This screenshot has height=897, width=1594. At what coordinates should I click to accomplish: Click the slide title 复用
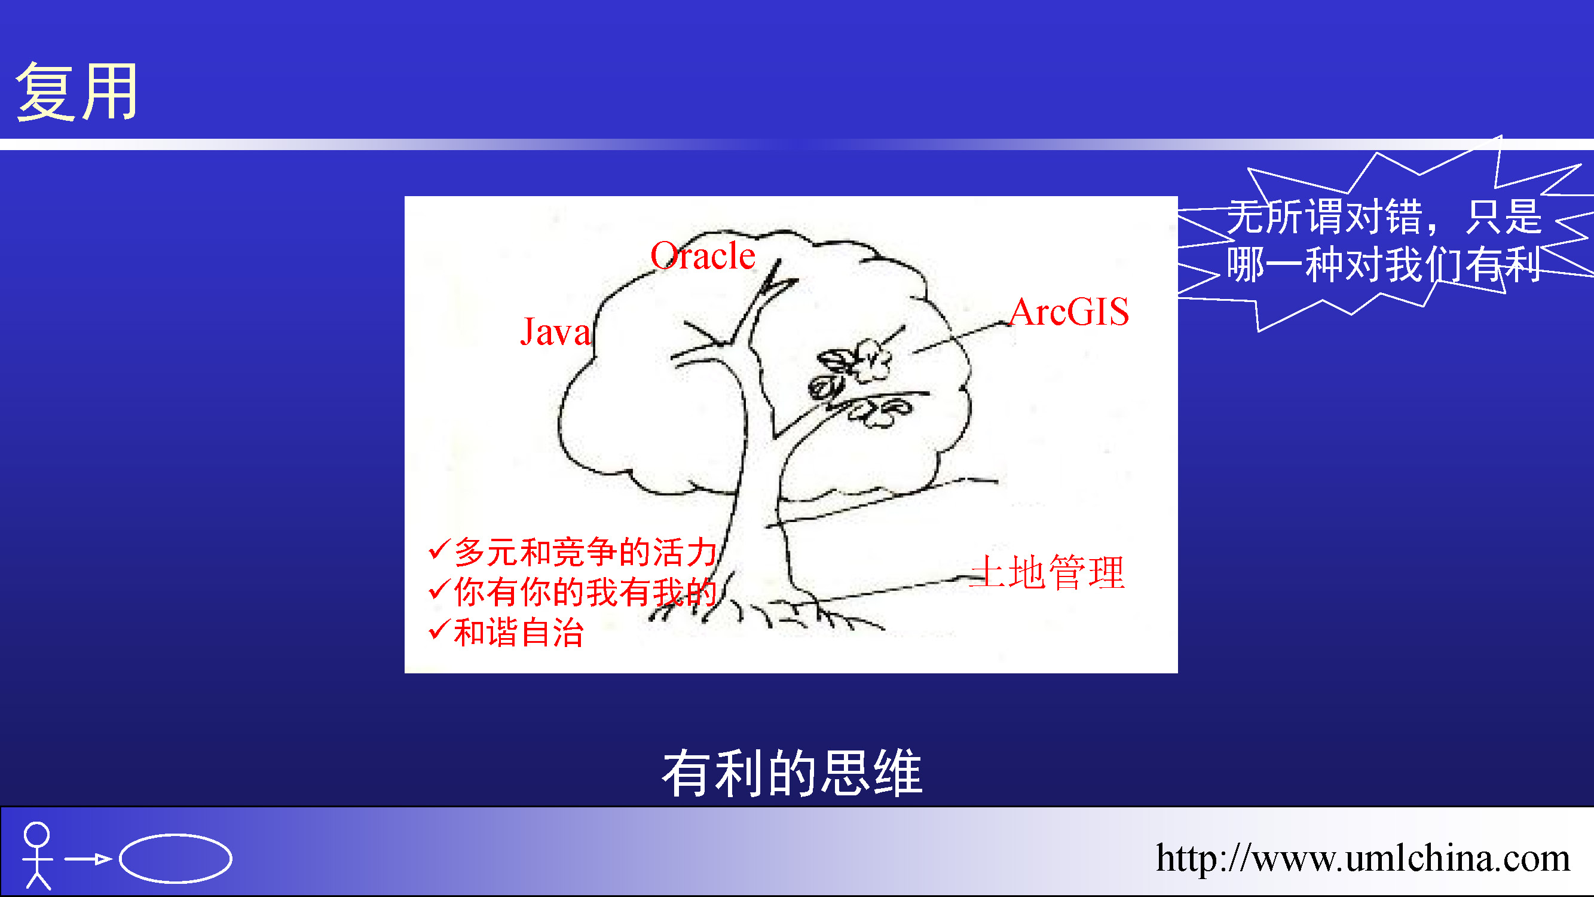coord(77,91)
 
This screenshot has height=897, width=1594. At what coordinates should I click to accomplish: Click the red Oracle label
coord(703,255)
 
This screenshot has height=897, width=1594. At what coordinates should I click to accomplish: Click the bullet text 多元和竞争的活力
coord(585,551)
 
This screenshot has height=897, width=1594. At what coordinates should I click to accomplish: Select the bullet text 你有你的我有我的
coord(585,592)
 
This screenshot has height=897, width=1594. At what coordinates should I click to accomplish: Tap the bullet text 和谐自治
coord(519,633)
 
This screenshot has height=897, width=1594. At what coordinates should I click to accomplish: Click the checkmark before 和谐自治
coord(438,630)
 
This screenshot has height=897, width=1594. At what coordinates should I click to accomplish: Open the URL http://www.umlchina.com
coord(1363,858)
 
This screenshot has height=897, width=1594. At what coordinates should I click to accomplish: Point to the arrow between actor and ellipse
coord(88,859)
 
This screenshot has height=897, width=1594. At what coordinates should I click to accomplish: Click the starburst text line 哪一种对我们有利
coord(1384,264)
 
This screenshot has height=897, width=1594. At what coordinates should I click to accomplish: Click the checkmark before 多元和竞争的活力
coord(438,549)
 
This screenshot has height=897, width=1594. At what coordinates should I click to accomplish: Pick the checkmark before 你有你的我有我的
coord(438,590)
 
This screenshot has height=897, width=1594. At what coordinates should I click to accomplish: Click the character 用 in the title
coord(109,92)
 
